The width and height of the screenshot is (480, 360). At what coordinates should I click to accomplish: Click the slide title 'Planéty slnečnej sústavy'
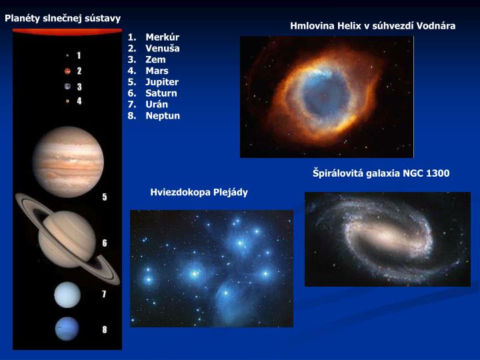[x=63, y=18]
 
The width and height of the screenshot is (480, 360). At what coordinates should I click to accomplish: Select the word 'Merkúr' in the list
[x=162, y=37]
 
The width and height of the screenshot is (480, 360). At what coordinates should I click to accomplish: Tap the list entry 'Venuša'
[x=163, y=48]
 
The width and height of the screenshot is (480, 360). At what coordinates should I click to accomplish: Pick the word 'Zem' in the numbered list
[x=155, y=59]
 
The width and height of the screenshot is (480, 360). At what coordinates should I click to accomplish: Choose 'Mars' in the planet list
[x=157, y=71]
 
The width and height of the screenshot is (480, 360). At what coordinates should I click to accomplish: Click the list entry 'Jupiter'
[x=162, y=82]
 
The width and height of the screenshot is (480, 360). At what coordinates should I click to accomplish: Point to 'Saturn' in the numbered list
[x=161, y=93]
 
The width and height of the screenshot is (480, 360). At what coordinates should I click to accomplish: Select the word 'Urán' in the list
[x=157, y=105]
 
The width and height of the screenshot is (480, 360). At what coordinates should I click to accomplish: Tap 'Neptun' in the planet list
[x=163, y=116]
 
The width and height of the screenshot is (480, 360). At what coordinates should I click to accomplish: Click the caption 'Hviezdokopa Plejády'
[x=199, y=193]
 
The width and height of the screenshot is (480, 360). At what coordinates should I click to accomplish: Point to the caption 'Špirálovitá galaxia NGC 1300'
[x=381, y=173]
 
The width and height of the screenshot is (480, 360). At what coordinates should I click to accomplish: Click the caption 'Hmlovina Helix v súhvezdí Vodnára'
[x=373, y=26]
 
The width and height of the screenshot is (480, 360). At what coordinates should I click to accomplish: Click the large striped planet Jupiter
[x=68, y=161]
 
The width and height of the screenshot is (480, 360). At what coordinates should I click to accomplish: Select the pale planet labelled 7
[x=67, y=295]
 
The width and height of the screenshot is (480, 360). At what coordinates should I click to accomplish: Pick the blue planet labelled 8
[x=67, y=328]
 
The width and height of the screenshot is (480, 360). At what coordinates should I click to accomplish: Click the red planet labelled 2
[x=67, y=71]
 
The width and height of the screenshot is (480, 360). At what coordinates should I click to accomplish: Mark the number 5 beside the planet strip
[x=105, y=197]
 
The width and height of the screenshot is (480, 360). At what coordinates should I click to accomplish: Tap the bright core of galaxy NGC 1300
[x=385, y=238]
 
